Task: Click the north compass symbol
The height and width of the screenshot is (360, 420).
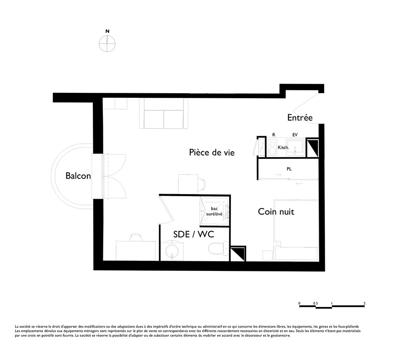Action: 107,43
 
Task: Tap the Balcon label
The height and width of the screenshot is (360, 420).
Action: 78,176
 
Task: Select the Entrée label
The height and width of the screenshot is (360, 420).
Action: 300,117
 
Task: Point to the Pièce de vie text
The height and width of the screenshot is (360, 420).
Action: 212,152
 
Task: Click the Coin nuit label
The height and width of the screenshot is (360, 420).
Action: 276,212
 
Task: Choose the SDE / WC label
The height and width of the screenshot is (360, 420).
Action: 194,234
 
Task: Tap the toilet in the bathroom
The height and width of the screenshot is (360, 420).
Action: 218,248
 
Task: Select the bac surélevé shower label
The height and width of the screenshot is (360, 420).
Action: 214,211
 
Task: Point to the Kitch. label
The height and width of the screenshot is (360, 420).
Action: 283,147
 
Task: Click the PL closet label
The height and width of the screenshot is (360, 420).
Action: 289,169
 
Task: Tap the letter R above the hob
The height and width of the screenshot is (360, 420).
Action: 274,135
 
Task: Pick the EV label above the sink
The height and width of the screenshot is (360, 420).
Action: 295,135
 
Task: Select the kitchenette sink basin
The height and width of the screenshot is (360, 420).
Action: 295,147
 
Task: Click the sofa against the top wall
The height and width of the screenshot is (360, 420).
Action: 163,113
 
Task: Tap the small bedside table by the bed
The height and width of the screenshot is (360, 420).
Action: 267,255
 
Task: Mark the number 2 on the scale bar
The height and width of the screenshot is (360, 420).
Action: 365,303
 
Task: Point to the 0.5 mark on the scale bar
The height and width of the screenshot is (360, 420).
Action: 315,303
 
